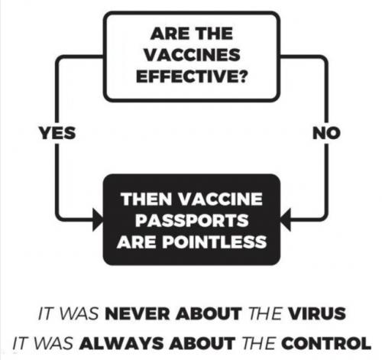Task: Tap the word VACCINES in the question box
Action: (x=192, y=55)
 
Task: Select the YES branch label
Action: (x=57, y=133)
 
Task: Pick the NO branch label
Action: (x=326, y=133)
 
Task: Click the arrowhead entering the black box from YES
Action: (x=98, y=219)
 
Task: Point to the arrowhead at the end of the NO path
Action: (x=286, y=219)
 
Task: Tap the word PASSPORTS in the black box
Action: (x=192, y=220)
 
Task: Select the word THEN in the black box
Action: (x=147, y=199)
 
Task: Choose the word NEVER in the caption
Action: (x=137, y=313)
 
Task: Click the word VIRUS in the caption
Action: (x=316, y=313)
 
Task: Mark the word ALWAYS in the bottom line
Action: (x=121, y=343)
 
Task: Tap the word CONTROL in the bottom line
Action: (x=326, y=343)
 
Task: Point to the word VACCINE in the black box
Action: (x=220, y=199)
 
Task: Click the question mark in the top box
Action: (x=243, y=76)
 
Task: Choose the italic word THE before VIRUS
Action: (x=264, y=313)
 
